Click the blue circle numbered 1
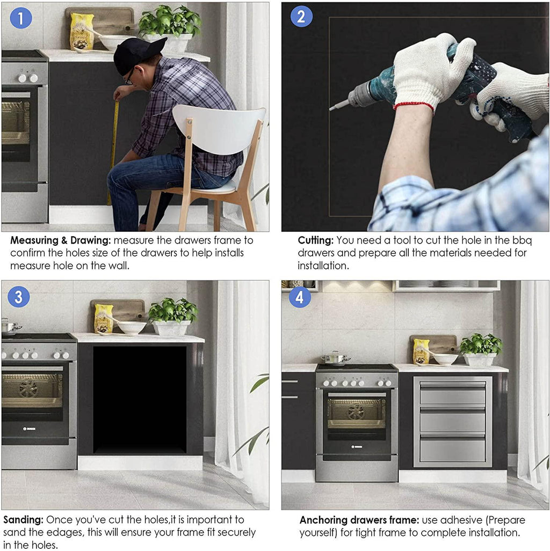click(x=21, y=18)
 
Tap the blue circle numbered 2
click(x=301, y=16)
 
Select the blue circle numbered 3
click(x=19, y=297)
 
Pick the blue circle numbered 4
click(x=300, y=297)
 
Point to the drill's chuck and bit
click(x=349, y=98)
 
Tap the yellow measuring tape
click(x=114, y=151)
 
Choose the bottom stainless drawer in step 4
click(x=453, y=449)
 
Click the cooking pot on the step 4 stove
click(x=335, y=358)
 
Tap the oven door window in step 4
click(x=357, y=413)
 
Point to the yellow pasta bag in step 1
click(x=82, y=32)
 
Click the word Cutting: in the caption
click(x=315, y=241)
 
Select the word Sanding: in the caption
click(x=24, y=520)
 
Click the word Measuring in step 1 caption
click(x=34, y=241)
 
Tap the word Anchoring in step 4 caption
click(x=323, y=520)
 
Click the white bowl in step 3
click(x=132, y=327)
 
